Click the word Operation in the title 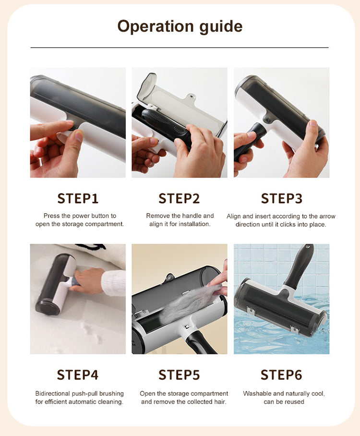click(x=156, y=26)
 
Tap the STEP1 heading click(x=78, y=198)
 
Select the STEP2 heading click(x=179, y=198)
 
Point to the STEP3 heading click(x=281, y=198)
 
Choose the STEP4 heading click(x=78, y=375)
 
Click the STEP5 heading click(x=179, y=375)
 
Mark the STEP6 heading click(x=281, y=375)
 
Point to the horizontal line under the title click(x=180, y=48)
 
